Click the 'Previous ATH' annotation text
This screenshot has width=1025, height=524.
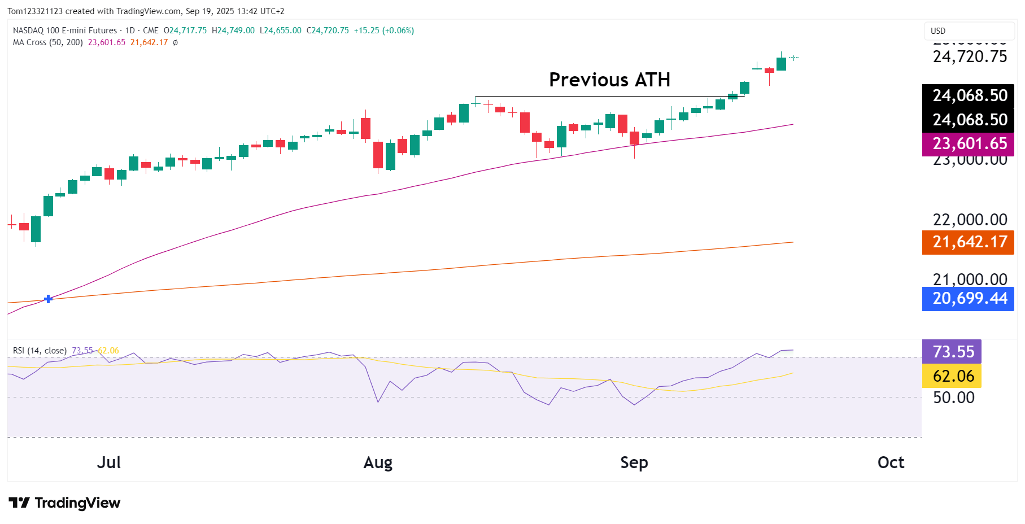point(609,80)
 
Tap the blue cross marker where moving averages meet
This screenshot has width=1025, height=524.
point(48,299)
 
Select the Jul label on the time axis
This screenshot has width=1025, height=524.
point(108,462)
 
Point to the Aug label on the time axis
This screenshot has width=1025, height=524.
point(378,462)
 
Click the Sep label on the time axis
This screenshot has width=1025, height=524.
point(634,462)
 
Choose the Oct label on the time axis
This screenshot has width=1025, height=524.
point(891,462)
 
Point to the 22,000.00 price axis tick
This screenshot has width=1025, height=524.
point(969,220)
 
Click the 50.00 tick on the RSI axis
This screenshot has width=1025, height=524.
point(953,398)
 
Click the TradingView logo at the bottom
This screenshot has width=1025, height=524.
point(64,503)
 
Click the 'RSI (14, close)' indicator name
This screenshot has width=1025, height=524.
point(40,351)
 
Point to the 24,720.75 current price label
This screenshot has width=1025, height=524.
point(969,57)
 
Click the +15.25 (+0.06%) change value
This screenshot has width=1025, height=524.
point(383,30)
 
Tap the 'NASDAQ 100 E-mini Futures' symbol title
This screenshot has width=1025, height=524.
point(65,30)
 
